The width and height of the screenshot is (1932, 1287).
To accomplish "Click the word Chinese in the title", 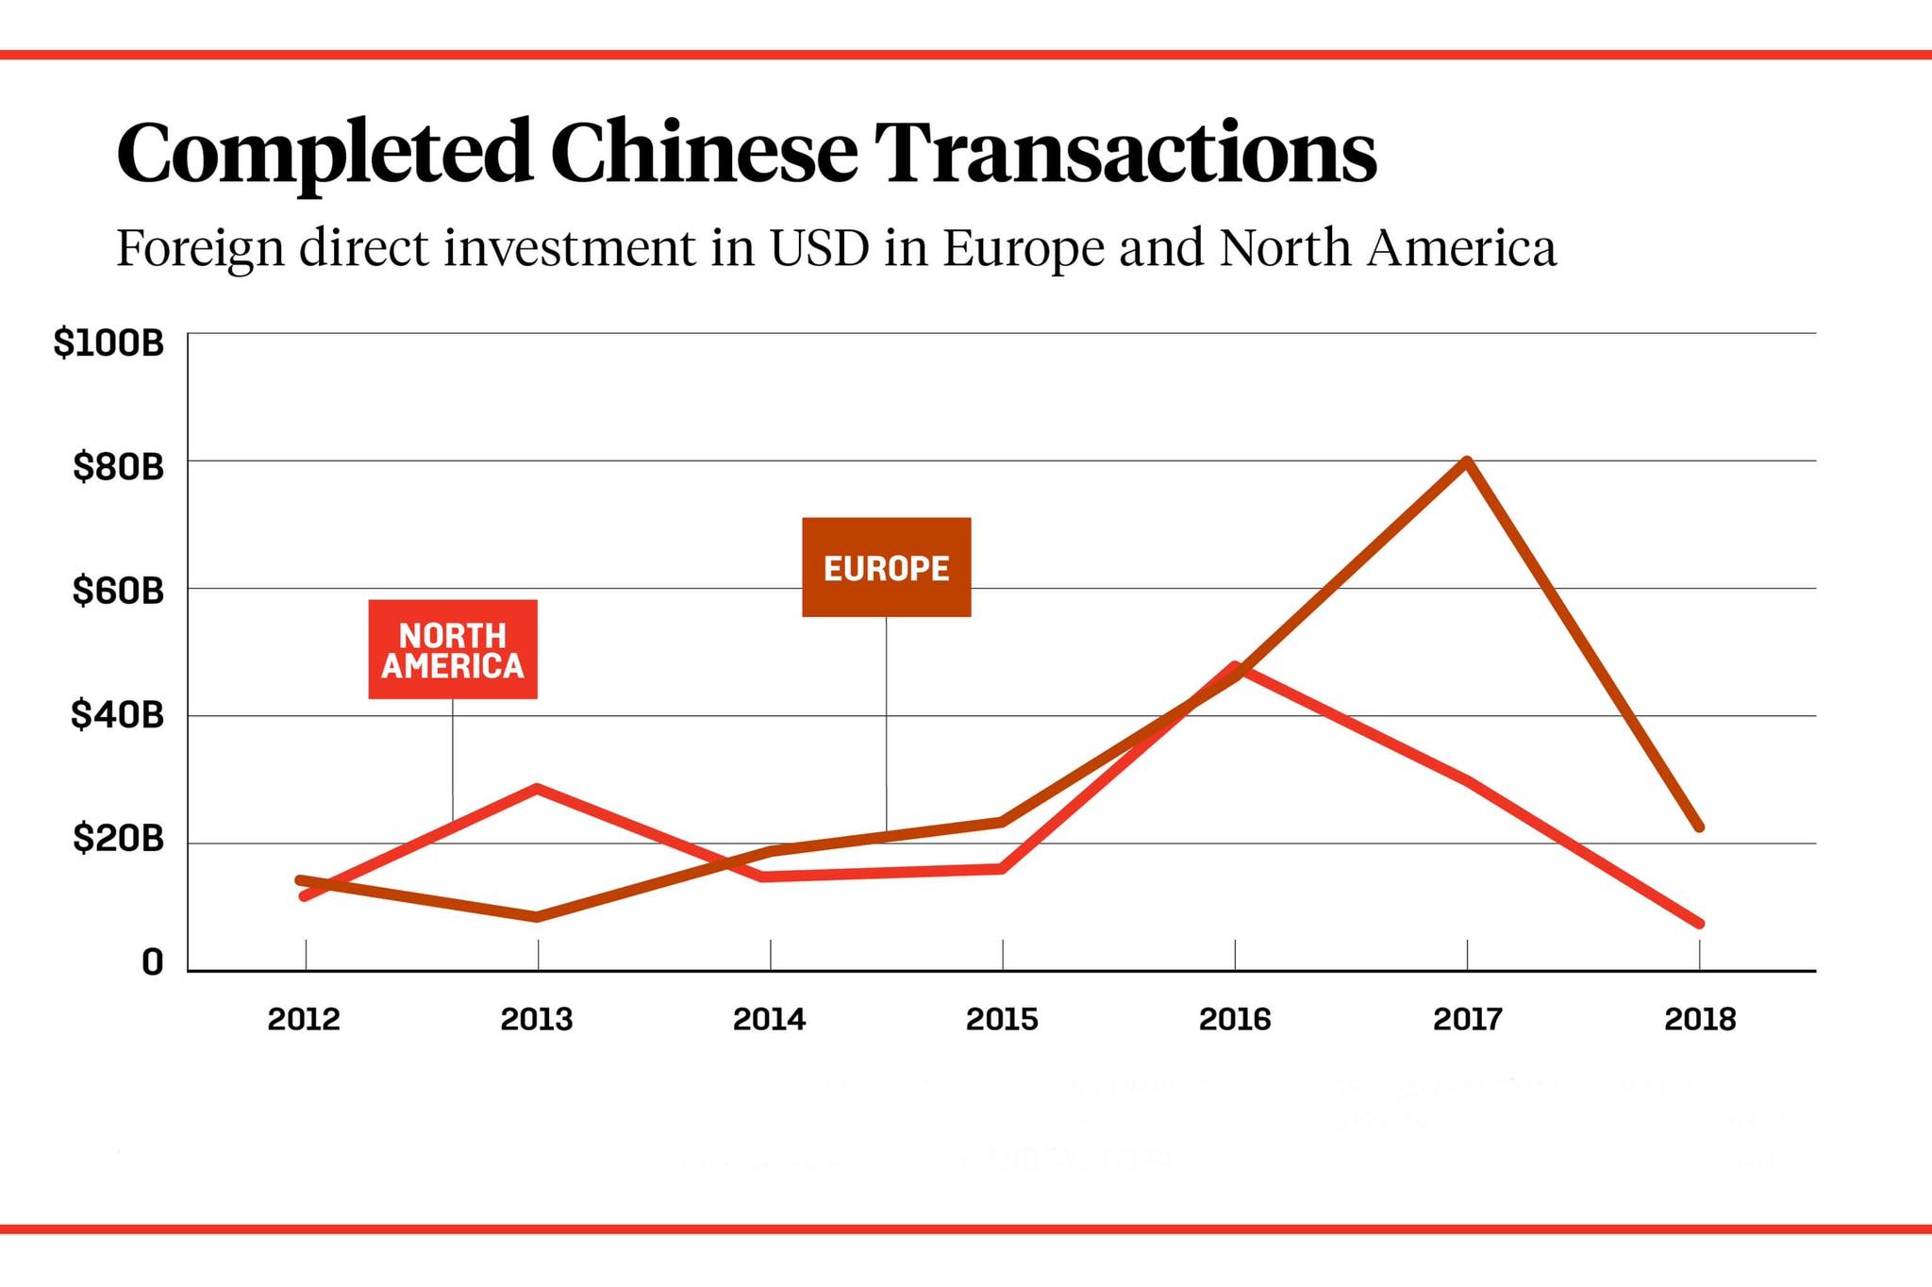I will coord(704,153).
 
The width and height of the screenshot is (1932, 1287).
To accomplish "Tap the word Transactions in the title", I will coord(1125,153).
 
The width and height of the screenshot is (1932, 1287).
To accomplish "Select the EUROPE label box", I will coord(886,567).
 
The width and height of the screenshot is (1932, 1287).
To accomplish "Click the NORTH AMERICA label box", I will coord(453,650).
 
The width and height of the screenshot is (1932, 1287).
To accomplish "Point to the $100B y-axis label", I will coord(108,343).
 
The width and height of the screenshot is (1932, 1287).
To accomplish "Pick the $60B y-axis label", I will coord(118,592).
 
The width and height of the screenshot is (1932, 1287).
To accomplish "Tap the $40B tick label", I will coord(117,715).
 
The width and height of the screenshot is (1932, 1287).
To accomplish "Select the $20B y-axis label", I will coord(118,838).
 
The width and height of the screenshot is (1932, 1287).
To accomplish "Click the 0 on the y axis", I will coord(152,962).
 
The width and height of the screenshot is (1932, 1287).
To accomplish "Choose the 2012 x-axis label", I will coord(304,1019).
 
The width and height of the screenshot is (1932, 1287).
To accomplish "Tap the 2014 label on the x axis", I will coord(770,1019).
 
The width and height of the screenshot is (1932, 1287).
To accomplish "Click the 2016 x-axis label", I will coord(1235,1019).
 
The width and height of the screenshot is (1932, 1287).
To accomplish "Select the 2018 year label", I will coord(1700,1019).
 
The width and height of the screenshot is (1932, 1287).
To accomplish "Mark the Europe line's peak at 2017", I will coord(1467,461).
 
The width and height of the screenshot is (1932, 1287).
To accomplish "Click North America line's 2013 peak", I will coord(538,788).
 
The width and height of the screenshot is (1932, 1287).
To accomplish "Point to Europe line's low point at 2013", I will coord(538,916).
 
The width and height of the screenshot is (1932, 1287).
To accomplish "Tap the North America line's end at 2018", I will coord(1700,923).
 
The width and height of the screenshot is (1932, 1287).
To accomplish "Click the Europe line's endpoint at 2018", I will coord(1700,827).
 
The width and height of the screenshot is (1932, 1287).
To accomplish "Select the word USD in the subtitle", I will coord(819,248).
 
